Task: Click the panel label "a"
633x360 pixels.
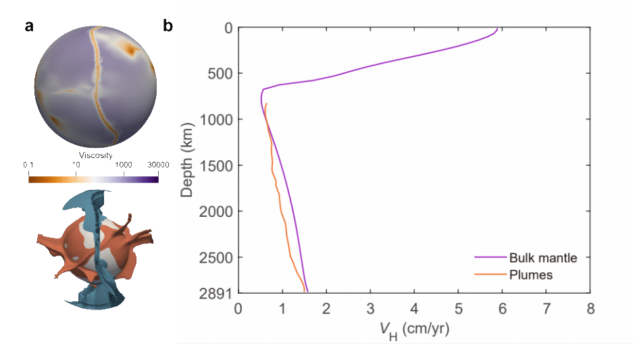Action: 29,26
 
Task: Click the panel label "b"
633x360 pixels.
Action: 168,26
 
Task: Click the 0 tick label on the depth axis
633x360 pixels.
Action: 228,28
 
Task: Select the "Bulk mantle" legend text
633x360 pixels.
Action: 543,257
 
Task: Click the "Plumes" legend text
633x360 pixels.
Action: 531,275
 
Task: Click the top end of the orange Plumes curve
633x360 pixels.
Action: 267,104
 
